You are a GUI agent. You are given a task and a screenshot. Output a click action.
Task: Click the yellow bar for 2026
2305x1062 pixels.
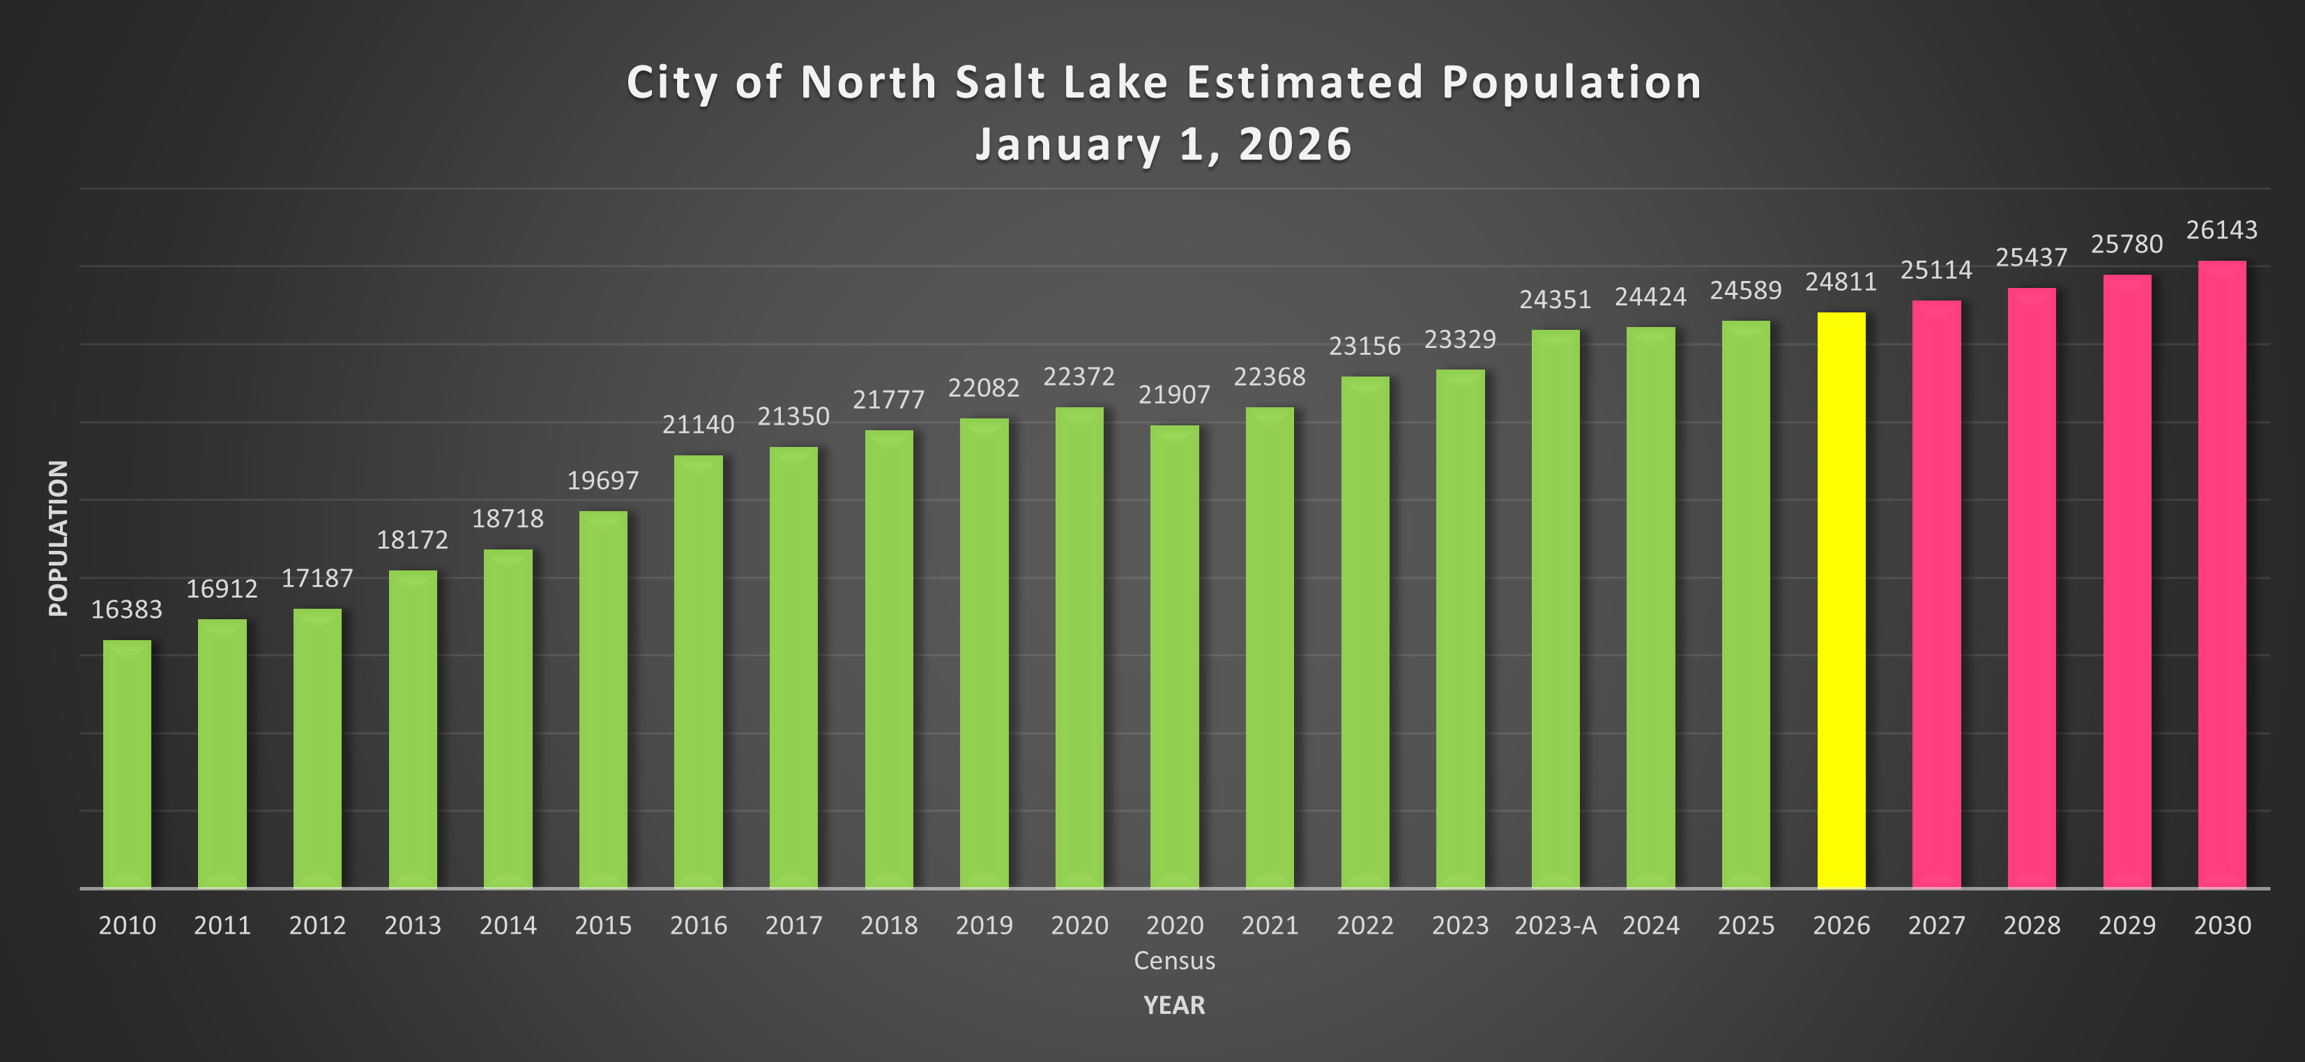(x=1841, y=600)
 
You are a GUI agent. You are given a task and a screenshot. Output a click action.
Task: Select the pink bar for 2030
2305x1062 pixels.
(x=2222, y=572)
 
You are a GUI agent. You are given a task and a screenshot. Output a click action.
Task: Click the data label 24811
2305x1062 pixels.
(x=1841, y=282)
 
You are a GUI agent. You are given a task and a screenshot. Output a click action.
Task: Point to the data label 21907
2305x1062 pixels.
(x=1174, y=395)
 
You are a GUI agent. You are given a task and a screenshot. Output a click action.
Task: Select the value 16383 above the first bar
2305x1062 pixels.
(x=127, y=609)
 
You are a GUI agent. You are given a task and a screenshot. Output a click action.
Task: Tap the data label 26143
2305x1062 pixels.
(x=2222, y=230)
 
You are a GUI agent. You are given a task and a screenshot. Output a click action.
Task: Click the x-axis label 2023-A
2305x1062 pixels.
(x=1555, y=925)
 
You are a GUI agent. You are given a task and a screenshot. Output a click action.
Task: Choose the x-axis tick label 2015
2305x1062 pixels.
(x=603, y=925)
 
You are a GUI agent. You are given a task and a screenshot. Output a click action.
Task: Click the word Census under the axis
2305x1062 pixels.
(x=1174, y=960)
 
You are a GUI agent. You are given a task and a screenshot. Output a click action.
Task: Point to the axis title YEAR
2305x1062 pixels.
(x=1174, y=1005)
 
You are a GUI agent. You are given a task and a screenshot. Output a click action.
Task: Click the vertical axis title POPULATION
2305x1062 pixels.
(x=58, y=538)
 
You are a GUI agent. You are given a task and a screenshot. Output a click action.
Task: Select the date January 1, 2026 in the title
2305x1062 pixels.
(x=1163, y=144)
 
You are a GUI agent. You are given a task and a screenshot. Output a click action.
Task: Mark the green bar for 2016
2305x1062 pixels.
(x=698, y=671)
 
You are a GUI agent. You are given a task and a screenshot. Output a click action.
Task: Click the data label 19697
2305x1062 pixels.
(x=603, y=480)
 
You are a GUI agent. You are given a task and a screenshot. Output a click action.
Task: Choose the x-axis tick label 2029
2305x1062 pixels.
(x=2127, y=925)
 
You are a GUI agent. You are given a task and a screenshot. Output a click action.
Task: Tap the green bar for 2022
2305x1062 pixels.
(x=1364, y=632)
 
